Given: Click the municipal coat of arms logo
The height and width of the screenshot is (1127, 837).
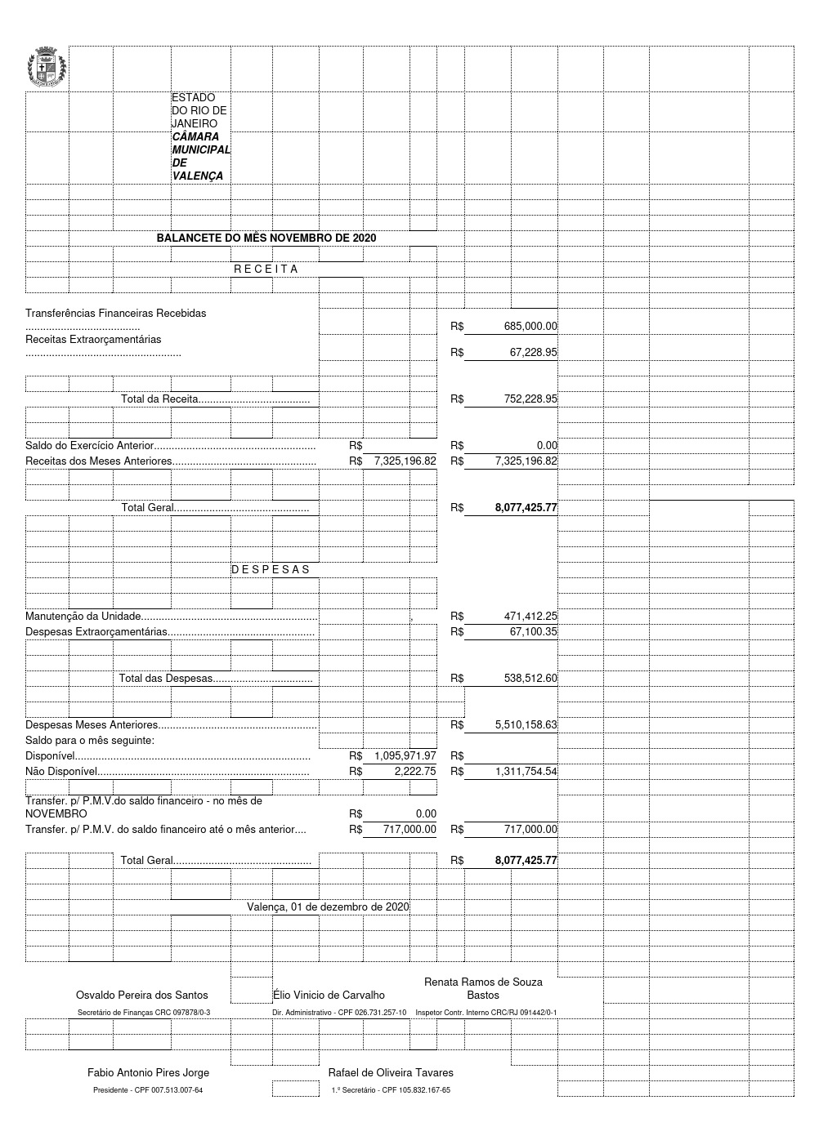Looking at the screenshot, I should point(47,68).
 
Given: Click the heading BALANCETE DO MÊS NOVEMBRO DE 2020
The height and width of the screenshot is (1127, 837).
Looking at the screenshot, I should point(266,238).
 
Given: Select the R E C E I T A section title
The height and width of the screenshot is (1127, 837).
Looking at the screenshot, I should point(266,269).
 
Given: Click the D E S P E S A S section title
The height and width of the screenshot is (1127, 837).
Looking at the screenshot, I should point(271,569).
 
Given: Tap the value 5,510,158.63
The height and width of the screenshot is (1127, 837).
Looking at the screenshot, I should point(526,724).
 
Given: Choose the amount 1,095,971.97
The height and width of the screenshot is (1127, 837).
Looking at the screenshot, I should point(405,756).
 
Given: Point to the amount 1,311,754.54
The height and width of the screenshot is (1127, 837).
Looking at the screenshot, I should point(526,771).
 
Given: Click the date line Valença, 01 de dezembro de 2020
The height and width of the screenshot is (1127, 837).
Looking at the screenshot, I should point(328,906).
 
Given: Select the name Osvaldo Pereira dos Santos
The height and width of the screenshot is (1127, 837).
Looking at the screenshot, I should point(141,995).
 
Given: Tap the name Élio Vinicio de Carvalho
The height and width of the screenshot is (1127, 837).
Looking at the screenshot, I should point(329,995).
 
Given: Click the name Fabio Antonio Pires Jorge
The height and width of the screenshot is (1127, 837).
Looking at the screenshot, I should point(148,1072).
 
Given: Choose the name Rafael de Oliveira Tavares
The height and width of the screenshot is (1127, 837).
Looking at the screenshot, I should point(391,1072).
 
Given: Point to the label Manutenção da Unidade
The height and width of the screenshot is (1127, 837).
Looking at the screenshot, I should point(83,617).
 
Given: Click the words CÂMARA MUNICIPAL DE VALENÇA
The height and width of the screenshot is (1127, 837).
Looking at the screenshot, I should point(200,156).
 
